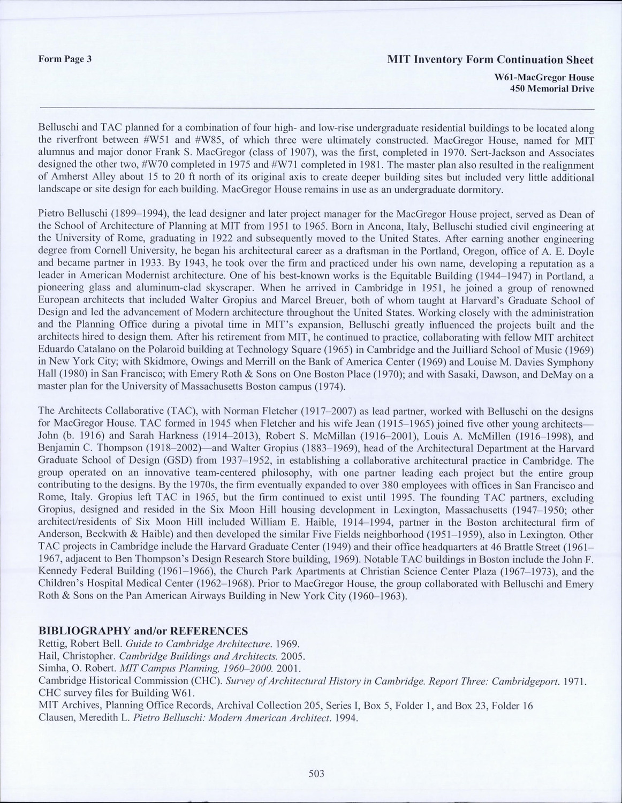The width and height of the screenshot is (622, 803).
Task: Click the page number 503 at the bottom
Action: click(x=316, y=773)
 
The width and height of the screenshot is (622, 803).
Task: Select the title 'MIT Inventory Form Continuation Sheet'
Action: click(x=490, y=59)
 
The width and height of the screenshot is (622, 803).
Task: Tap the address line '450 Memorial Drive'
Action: click(x=552, y=89)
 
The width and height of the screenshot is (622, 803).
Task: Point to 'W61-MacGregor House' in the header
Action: click(x=544, y=78)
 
